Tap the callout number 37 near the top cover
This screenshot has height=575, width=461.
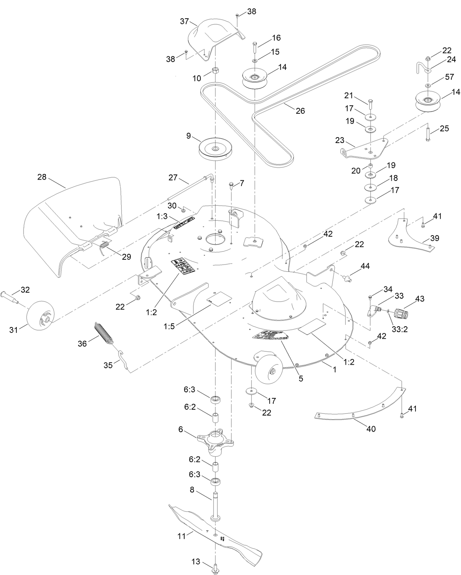pyautogui.click(x=184, y=22)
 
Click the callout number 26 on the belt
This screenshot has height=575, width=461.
pyautogui.click(x=300, y=111)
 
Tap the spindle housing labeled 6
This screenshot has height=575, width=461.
pyautogui.click(x=215, y=439)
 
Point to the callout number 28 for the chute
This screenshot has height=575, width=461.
pyautogui.click(x=42, y=177)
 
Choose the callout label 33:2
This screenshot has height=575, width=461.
pyautogui.click(x=400, y=329)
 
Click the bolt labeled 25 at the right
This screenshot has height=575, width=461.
pyautogui.click(x=427, y=133)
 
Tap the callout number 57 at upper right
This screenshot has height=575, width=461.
pyautogui.click(x=449, y=77)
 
